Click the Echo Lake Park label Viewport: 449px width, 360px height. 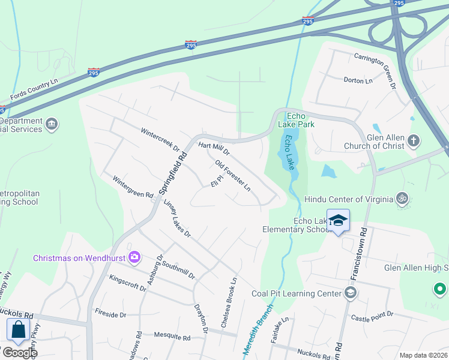pyautogui.click(x=300, y=120)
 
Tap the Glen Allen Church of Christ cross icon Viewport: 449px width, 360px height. pyautogui.click(x=412, y=141)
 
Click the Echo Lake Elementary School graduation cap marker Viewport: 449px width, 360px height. pyautogui.click(x=338, y=220)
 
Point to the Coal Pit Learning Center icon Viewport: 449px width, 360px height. pyautogui.click(x=350, y=293)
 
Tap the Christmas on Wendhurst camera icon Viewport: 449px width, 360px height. pyautogui.click(x=134, y=257)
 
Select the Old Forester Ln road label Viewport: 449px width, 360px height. pyautogui.click(x=232, y=176)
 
